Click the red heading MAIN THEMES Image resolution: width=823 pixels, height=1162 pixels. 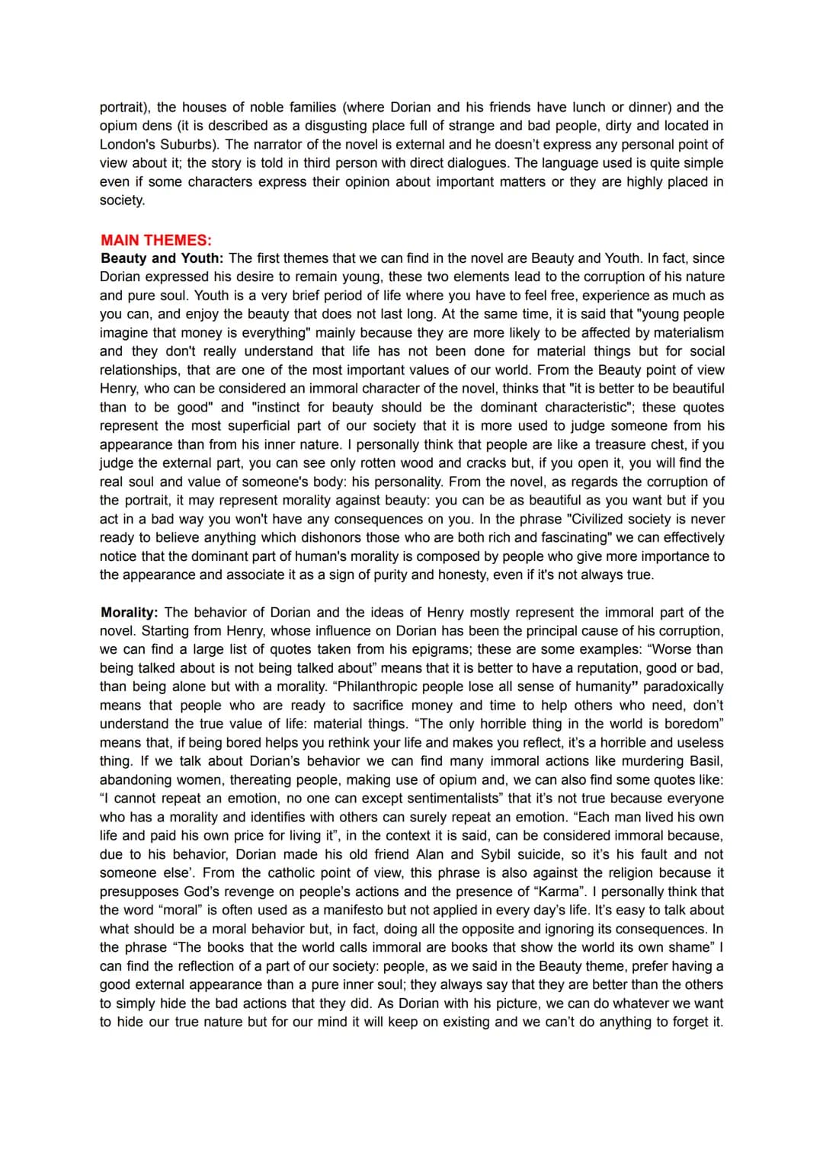156,240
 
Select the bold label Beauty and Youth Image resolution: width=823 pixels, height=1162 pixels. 162,258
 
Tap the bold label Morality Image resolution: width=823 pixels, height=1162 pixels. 129,612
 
